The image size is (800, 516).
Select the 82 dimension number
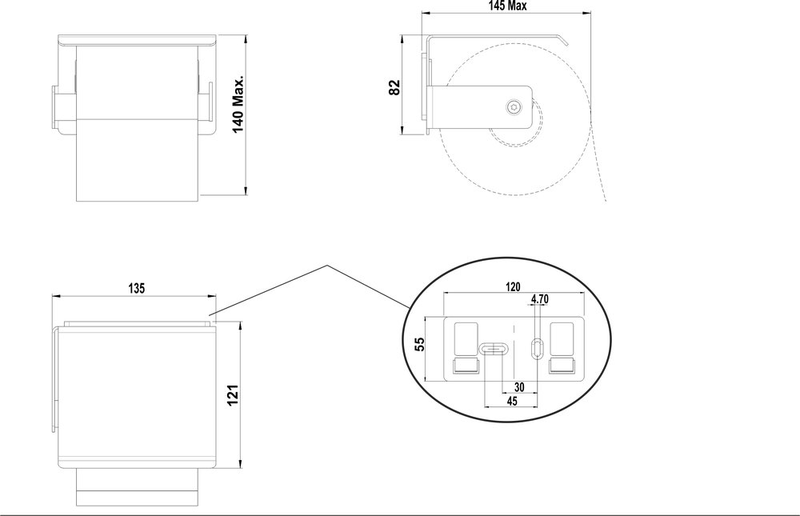pyautogui.click(x=394, y=87)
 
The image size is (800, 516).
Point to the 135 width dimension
pyautogui.click(x=135, y=288)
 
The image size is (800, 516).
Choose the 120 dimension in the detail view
pyautogui.click(x=513, y=286)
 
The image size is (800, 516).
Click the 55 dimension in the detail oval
pyautogui.click(x=418, y=345)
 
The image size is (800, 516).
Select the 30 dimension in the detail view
pyautogui.click(x=519, y=386)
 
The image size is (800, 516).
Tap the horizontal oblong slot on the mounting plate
pyautogui.click(x=492, y=349)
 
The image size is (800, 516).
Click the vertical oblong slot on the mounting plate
pyautogui.click(x=536, y=347)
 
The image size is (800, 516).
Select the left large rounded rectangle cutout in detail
pyautogui.click(x=466, y=339)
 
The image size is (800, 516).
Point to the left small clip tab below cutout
pyautogui.click(x=466, y=366)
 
